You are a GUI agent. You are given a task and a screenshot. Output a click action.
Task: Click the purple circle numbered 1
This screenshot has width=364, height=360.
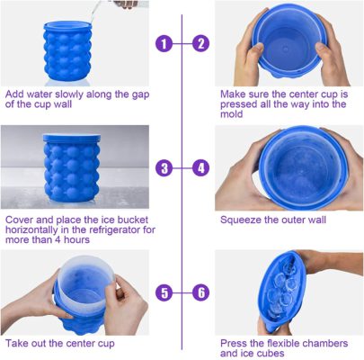coord(163,42)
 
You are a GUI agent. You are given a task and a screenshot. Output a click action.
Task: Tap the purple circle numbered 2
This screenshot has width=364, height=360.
coord(200,42)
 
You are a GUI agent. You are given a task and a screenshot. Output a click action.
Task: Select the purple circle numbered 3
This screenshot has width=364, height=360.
coord(163,167)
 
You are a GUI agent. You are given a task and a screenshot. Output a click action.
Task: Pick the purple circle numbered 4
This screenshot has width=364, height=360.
coord(200,167)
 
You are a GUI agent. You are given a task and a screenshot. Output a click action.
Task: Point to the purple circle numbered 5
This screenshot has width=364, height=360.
coord(163,292)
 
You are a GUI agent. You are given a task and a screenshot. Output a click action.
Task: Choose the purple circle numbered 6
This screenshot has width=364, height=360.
coord(200,292)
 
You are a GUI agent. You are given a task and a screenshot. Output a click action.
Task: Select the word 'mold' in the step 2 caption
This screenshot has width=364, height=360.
coord(235,115)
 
